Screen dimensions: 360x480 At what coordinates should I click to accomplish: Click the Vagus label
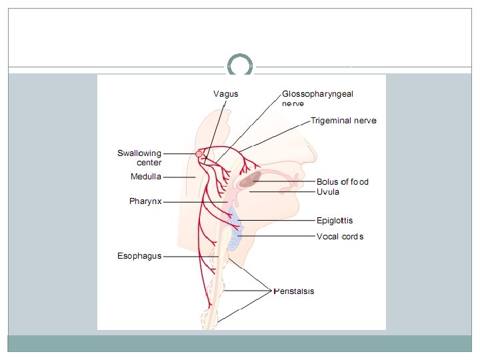coord(225,94)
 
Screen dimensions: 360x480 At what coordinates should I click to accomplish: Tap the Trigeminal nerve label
coord(343,121)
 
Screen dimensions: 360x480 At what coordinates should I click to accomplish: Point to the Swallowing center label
coord(139,158)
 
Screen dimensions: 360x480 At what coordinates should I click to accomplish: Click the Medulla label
coord(146,177)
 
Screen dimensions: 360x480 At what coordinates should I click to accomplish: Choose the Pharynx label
coord(145,201)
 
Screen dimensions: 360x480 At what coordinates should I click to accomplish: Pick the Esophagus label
coord(139,256)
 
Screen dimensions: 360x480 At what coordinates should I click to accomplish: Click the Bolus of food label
coord(342,181)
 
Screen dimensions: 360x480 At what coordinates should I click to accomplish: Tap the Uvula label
coord(328,192)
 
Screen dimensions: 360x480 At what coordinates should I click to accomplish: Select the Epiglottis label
coord(335,221)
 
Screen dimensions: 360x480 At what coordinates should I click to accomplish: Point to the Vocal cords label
coord(340,237)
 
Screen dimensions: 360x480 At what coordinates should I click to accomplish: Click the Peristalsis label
coord(294,291)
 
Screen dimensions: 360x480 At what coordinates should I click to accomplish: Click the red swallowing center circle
coord(199,154)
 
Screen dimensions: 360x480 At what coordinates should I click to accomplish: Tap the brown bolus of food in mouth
coord(251,179)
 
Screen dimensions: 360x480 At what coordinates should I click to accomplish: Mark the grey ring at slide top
coord(240,66)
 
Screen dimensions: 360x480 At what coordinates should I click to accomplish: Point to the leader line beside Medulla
coord(179,177)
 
